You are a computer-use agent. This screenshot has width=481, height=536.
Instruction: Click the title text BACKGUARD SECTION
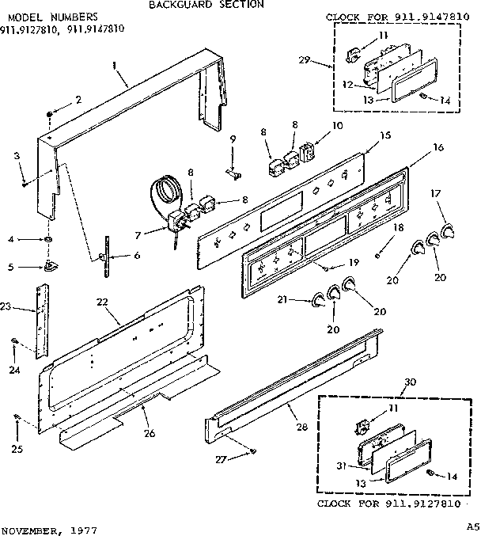(206, 5)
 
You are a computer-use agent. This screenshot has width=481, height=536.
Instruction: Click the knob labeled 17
(449, 230)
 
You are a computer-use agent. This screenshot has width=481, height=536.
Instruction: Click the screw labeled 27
(252, 451)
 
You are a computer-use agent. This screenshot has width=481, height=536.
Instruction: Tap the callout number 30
(409, 382)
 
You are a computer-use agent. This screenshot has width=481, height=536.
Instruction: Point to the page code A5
(472, 526)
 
